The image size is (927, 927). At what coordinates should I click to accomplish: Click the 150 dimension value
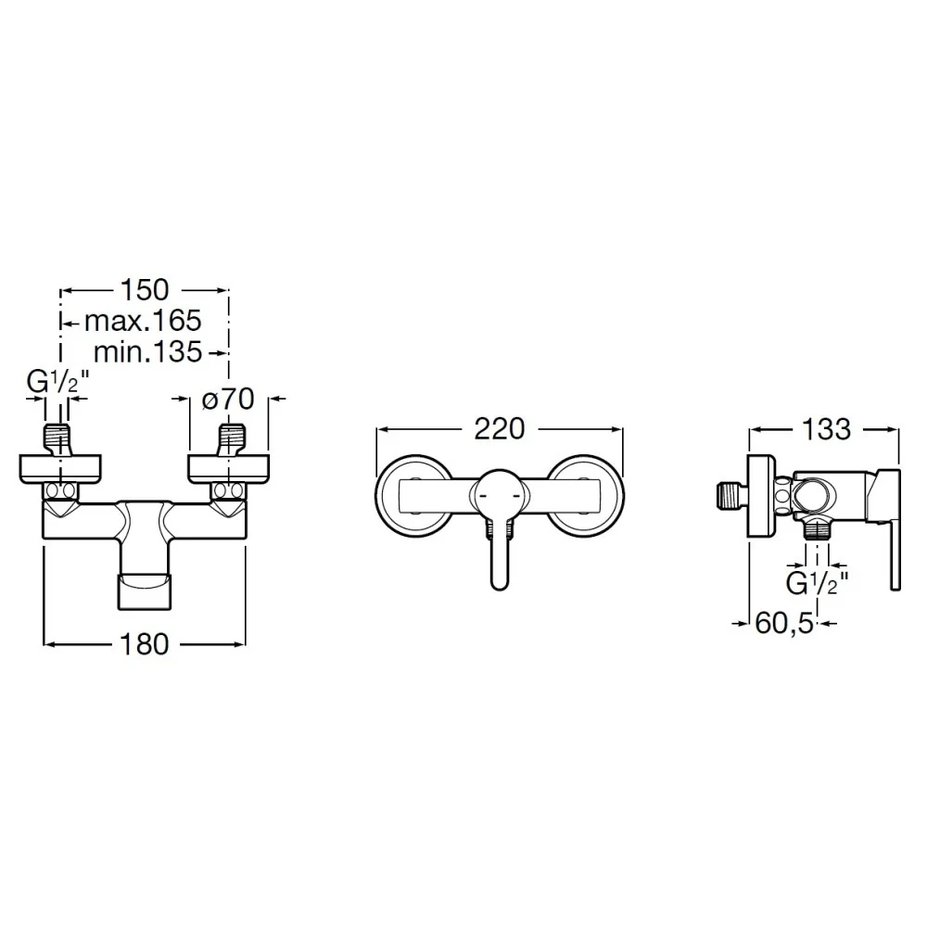click(145, 290)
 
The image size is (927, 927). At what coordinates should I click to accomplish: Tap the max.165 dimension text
click(143, 321)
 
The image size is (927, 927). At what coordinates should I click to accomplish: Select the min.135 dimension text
click(147, 352)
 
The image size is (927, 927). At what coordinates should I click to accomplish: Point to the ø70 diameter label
click(228, 399)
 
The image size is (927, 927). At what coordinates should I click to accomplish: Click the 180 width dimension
click(145, 644)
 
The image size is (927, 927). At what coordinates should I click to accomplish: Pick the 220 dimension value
click(500, 428)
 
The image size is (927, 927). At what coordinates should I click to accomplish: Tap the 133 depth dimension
click(826, 429)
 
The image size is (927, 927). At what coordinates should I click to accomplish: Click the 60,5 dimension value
click(784, 623)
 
